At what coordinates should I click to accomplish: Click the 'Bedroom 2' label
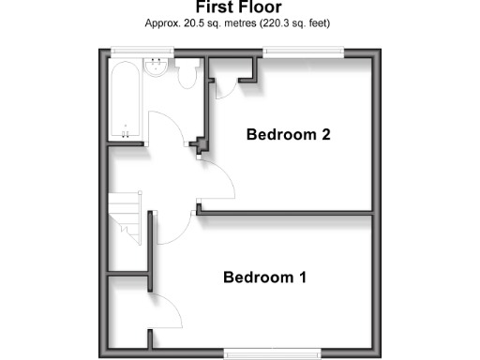(288, 135)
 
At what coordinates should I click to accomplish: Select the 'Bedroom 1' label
(265, 277)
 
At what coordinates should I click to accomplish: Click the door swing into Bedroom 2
(217, 180)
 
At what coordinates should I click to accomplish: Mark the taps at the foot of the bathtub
(127, 132)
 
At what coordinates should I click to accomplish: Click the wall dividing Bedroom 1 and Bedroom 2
(286, 214)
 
